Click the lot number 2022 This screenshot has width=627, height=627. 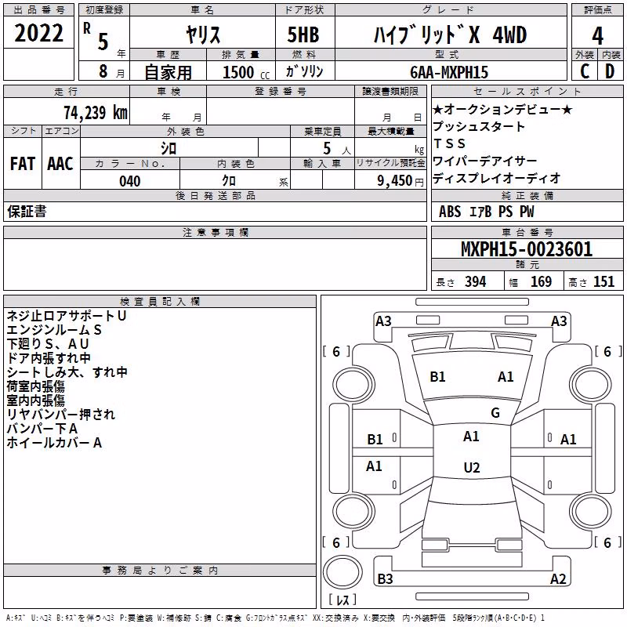[x=38, y=33]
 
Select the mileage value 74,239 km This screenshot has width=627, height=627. [x=96, y=112]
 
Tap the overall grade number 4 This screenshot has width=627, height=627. [x=597, y=35]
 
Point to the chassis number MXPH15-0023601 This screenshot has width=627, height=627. [x=527, y=249]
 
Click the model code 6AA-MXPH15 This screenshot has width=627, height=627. [x=449, y=72]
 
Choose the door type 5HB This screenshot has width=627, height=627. [x=303, y=34]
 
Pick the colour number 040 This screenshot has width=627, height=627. [x=130, y=181]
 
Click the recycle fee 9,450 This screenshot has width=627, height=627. [x=395, y=181]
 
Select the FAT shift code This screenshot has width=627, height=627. [x=23, y=164]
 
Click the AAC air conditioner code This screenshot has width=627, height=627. [x=60, y=164]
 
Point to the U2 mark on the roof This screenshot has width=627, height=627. [x=472, y=467]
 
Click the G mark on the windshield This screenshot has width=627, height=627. [x=495, y=413]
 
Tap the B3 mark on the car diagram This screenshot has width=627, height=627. [x=385, y=578]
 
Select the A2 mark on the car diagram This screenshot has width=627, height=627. [x=558, y=578]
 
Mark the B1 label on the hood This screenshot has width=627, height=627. [x=437, y=377]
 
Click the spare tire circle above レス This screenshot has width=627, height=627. [x=342, y=571]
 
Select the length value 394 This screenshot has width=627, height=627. [x=476, y=282]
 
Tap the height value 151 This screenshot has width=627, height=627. [x=603, y=282]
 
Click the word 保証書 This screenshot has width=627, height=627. [x=27, y=211]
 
